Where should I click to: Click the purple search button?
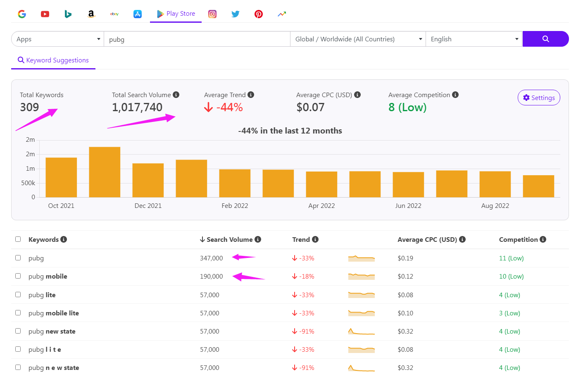(x=545, y=39)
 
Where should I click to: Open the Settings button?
(x=539, y=98)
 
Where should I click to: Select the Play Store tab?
(x=176, y=14)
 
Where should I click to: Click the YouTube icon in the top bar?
(x=45, y=14)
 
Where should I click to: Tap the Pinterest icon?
(x=259, y=14)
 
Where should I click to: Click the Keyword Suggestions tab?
(x=53, y=60)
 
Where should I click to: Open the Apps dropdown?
(x=58, y=39)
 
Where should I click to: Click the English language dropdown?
(x=474, y=39)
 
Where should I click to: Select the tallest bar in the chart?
(x=105, y=172)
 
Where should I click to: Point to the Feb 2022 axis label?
(x=235, y=206)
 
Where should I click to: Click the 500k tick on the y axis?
(x=28, y=183)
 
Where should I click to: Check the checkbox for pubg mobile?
(x=18, y=276)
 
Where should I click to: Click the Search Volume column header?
(x=230, y=240)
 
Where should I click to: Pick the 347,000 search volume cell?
(x=212, y=258)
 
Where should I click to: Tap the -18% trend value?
(x=307, y=277)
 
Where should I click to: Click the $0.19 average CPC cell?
(x=405, y=258)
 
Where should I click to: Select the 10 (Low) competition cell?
(x=511, y=277)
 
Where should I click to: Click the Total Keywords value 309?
(x=30, y=107)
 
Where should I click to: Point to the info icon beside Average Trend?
(x=251, y=95)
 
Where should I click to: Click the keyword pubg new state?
(x=52, y=331)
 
